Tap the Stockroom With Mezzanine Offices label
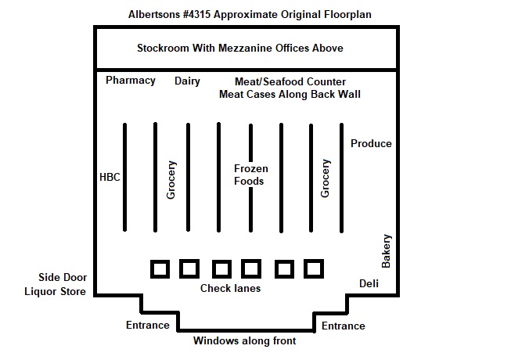pos(240,49)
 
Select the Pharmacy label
pos(131,81)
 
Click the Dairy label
pos(187,81)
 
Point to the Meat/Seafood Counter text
pos(290,81)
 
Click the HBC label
pos(110,176)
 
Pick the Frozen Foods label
pos(250,175)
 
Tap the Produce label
pos(371,143)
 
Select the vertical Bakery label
pos(386,250)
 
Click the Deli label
pos(369,283)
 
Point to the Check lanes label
pos(230,289)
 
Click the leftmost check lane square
pos(160,269)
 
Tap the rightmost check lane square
pos(313,269)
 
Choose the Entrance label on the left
pos(148,326)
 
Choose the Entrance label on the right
pos(344,326)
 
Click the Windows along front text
pos(245,341)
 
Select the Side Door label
pos(63,278)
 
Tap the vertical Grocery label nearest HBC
pos(171,179)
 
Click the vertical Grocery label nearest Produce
pos(326,178)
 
